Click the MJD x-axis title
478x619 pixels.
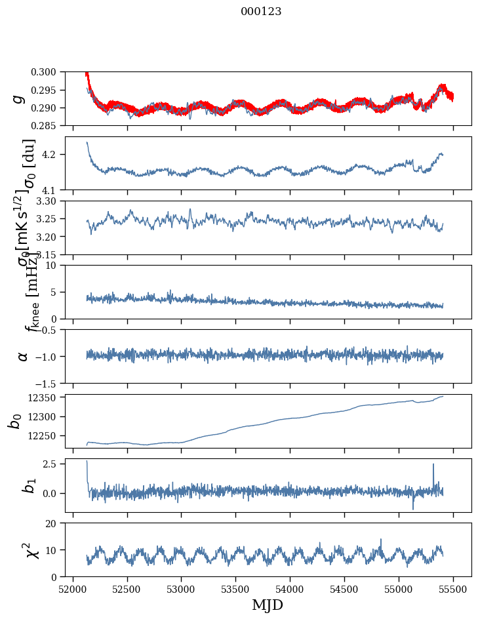268,605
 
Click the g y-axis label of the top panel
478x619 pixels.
19,98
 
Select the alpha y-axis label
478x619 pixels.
23,356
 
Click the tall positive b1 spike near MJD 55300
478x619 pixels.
433,465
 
